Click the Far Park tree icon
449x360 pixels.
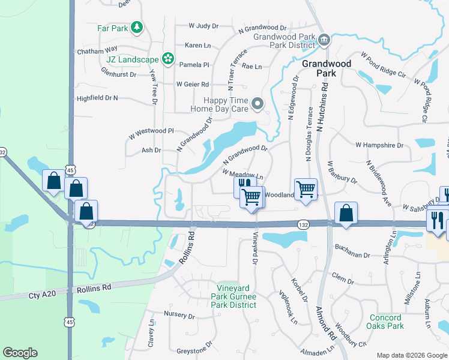(x=137, y=27)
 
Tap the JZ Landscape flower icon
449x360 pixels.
(x=167, y=59)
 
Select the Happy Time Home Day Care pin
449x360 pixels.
(x=258, y=104)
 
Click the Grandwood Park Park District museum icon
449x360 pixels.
(x=324, y=40)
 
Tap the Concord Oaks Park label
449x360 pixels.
(x=385, y=322)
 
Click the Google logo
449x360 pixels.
(x=20, y=353)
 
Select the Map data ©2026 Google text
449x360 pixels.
(x=411, y=355)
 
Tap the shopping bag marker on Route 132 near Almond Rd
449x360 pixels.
(x=346, y=214)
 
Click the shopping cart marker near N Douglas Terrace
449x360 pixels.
(x=306, y=189)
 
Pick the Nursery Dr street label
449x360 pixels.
(x=179, y=316)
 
